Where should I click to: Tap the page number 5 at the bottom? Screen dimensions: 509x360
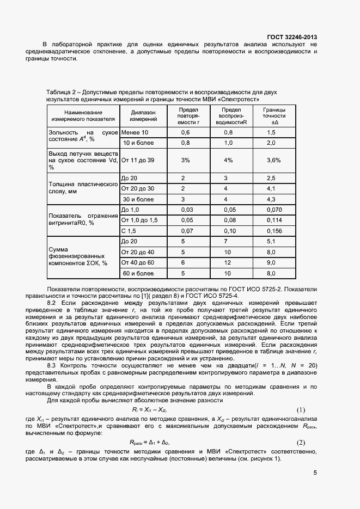tap(315, 473)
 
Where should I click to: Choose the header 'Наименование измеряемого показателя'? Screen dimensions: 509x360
tap(83, 115)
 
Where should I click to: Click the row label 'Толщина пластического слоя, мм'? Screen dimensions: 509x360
tap(83, 188)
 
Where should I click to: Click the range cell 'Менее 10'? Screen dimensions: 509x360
tap(135, 133)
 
